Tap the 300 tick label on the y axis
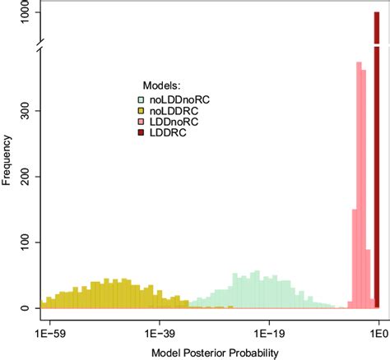pyautogui.click(x=27, y=110)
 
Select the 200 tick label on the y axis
pyautogui.click(x=27, y=176)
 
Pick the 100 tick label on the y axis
pyautogui.click(x=27, y=242)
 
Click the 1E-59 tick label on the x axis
pyautogui.click(x=49, y=335)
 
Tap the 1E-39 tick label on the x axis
pyautogui.click(x=159, y=335)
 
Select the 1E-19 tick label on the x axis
pyautogui.click(x=268, y=335)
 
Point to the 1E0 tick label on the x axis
pyautogui.click(x=377, y=335)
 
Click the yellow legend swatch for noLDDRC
pyautogui.click(x=141, y=110)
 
